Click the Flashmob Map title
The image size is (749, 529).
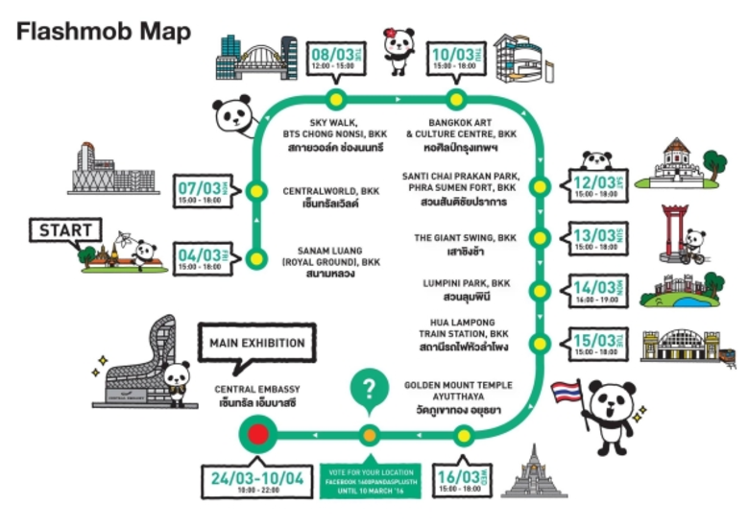tap(105, 32)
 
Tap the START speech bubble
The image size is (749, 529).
tap(65, 230)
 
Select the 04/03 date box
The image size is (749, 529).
tap(202, 258)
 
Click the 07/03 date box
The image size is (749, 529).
tap(202, 191)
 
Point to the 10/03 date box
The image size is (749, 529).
tap(455, 60)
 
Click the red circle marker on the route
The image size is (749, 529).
tap(257, 435)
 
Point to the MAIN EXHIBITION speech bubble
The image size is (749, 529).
tap(256, 343)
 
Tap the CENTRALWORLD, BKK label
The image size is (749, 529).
tap(330, 192)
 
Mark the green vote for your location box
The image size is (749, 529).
tap(371, 477)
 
